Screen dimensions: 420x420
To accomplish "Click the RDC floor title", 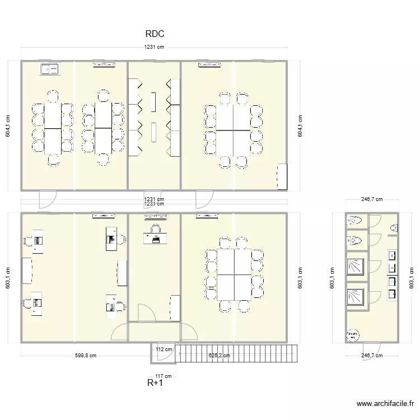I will click(154, 34).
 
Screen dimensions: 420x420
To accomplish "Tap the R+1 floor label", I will click(155, 383).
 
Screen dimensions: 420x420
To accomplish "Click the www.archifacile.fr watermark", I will click(384, 404).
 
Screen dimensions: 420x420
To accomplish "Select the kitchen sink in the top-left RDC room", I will click(49, 69).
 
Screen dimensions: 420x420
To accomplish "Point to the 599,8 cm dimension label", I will click(85, 355).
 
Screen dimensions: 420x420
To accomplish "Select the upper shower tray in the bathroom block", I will click(355, 264).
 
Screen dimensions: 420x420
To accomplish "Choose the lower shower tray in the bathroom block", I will click(355, 296).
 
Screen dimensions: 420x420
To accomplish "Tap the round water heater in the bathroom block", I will click(353, 335).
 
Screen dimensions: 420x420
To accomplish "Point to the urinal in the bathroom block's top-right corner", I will click(394, 228).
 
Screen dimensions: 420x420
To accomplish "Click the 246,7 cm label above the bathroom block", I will click(371, 199).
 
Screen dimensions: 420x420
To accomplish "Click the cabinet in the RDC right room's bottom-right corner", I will click(282, 176).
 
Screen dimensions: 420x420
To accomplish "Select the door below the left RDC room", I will click(47, 198).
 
